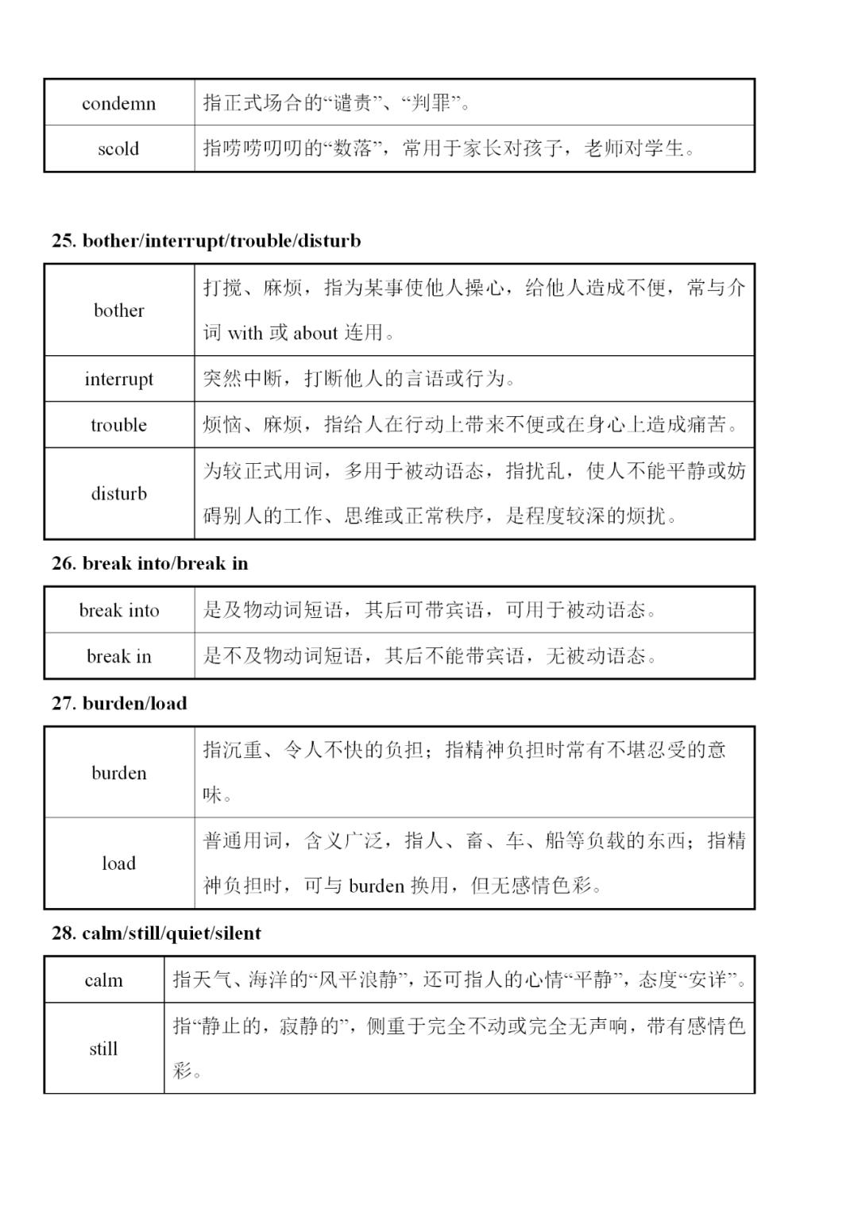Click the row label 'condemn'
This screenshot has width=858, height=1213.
(119, 103)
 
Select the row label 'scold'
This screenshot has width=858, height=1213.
(119, 149)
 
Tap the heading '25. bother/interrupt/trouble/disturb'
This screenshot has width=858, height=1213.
(206, 241)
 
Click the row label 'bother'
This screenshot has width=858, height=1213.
(119, 311)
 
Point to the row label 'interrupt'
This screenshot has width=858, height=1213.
(119, 379)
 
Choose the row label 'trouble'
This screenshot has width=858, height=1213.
(119, 425)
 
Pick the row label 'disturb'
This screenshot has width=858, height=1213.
(119, 493)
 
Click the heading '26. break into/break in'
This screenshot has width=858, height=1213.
(149, 563)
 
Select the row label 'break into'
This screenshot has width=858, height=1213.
(119, 610)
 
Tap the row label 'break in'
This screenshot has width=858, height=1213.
(119, 656)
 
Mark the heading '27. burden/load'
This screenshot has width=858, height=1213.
(119, 703)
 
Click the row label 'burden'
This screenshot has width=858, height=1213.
(119, 773)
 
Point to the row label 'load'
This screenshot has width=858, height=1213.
(119, 863)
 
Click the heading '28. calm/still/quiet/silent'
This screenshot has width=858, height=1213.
(156, 933)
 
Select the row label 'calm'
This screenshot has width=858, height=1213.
(104, 980)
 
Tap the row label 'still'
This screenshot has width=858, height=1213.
(104, 1049)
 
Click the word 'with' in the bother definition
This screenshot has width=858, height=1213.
(245, 333)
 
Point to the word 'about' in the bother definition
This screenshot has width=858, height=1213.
(315, 333)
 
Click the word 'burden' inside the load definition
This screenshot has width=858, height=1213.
(377, 886)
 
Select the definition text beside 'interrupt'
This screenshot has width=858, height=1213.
(359, 379)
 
